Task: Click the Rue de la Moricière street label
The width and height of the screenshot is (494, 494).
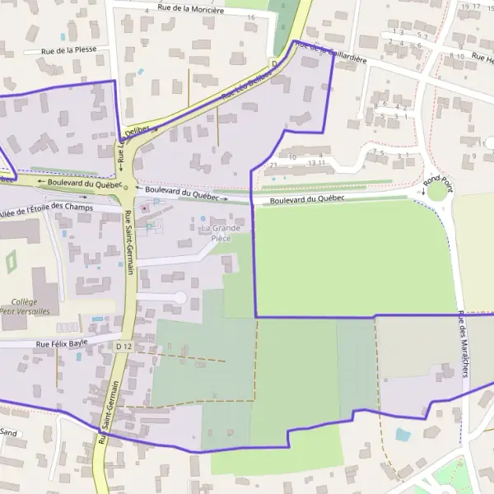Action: tap(190, 10)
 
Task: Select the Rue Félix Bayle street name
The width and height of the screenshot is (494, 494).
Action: tap(61, 343)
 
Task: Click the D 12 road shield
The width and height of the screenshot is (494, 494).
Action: tap(123, 347)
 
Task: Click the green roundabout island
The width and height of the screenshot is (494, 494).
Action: tap(436, 192)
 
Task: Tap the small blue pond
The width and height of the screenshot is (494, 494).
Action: tap(403, 434)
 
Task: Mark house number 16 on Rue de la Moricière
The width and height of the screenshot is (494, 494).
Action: tap(251, 17)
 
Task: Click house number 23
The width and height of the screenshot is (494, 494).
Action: tap(273, 165)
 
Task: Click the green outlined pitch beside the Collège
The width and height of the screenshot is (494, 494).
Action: tap(12, 263)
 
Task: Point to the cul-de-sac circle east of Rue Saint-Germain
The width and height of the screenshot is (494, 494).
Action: tap(179, 296)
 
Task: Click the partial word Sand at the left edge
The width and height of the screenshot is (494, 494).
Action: tap(8, 431)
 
